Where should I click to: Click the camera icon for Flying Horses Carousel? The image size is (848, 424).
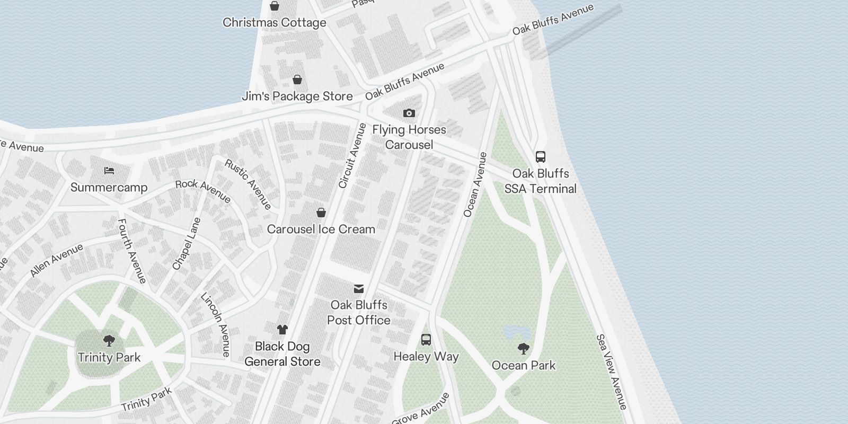pyautogui.click(x=409, y=113)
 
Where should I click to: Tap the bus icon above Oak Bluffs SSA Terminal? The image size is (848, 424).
pyautogui.click(x=540, y=157)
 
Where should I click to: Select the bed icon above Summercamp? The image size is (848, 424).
pyautogui.click(x=109, y=171)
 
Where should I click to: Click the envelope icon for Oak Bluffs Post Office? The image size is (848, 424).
pyautogui.click(x=359, y=288)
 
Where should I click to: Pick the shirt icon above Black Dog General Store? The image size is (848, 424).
pyautogui.click(x=282, y=330)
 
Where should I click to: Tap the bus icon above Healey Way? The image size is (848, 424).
pyautogui.click(x=426, y=340)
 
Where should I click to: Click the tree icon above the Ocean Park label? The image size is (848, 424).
pyautogui.click(x=523, y=348)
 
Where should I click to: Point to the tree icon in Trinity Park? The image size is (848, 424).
pyautogui.click(x=109, y=340)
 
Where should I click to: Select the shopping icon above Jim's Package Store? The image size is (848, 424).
pyautogui.click(x=297, y=79)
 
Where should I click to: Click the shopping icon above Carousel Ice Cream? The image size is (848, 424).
pyautogui.click(x=321, y=213)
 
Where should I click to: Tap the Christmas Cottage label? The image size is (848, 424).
pyautogui.click(x=274, y=23)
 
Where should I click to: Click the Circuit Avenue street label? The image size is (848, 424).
pyautogui.click(x=352, y=156)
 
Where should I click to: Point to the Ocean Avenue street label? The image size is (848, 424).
pyautogui.click(x=475, y=185)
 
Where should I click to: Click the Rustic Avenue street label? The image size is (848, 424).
pyautogui.click(x=248, y=184)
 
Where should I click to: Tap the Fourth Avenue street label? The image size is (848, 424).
pyautogui.click(x=131, y=251)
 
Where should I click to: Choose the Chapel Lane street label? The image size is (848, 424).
pyautogui.click(x=187, y=244)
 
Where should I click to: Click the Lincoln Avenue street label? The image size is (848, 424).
pyautogui.click(x=216, y=324)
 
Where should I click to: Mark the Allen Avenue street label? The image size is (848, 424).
pyautogui.click(x=57, y=260)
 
